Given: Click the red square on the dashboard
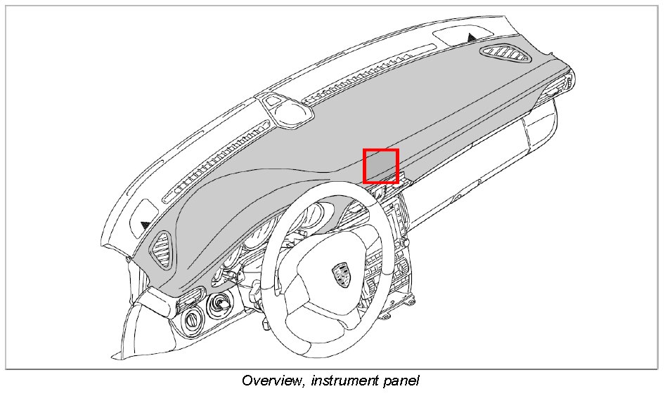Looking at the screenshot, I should pyautogui.click(x=380, y=166).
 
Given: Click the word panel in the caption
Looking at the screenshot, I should pyautogui.click(x=403, y=381).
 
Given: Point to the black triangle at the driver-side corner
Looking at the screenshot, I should pyautogui.click(x=145, y=225).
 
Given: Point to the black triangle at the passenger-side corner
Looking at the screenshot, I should pyautogui.click(x=471, y=35).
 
